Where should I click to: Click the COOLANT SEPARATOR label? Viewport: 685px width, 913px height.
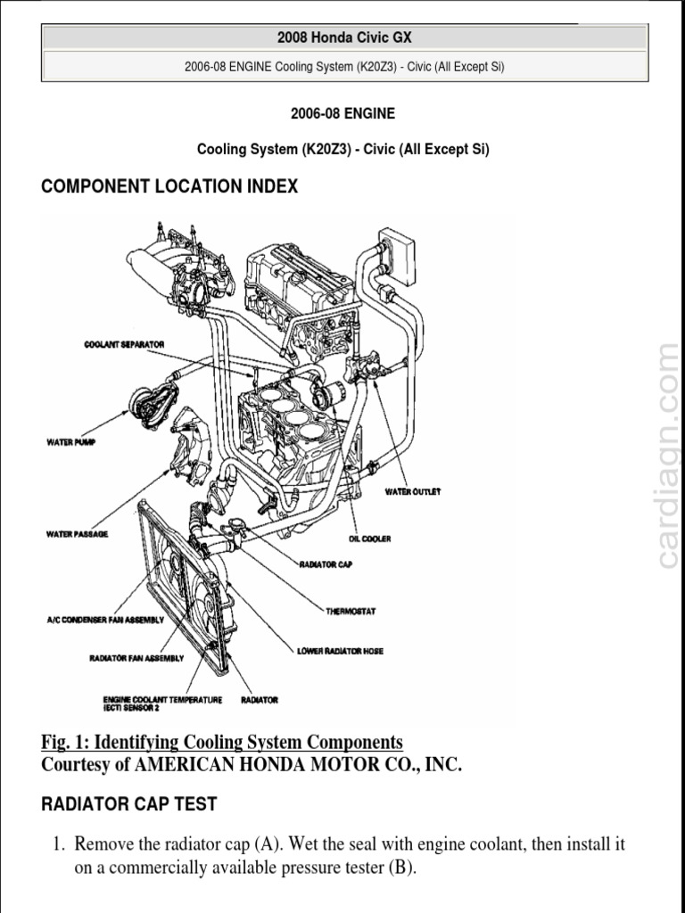124,344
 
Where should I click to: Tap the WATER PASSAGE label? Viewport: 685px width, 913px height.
77,534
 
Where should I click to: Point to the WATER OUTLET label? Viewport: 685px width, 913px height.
412,491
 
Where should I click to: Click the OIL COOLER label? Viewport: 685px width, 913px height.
369,539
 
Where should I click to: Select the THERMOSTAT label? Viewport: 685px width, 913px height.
351,611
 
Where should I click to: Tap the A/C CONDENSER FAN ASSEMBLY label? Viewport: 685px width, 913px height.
106,619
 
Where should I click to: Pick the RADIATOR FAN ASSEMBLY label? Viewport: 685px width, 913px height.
136,659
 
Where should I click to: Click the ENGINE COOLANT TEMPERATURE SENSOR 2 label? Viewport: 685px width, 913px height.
162,704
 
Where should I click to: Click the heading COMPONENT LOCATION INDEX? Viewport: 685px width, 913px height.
169,186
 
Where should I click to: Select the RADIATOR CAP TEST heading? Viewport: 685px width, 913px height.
129,803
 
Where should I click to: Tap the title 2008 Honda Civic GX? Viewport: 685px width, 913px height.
344,37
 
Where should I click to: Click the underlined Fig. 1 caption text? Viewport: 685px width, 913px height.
222,742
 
